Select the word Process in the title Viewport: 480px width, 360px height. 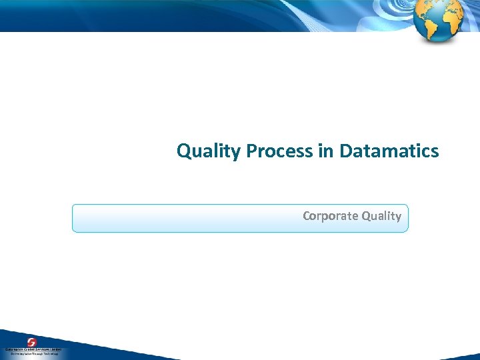click(280, 151)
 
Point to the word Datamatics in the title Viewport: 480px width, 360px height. click(389, 151)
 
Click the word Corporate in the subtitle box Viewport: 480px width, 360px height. click(330, 216)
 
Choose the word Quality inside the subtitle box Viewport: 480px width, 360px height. click(381, 216)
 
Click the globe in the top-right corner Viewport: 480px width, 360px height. click(437, 20)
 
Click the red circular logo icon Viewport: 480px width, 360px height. click(31, 342)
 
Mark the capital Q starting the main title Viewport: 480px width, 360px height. click(183, 151)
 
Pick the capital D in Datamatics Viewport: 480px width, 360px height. click(345, 151)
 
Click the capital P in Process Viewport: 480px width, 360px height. click(251, 151)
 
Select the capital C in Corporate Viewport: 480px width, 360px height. click(307, 216)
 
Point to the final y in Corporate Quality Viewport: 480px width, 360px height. click(398, 217)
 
